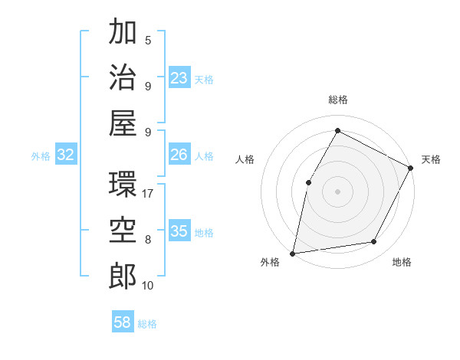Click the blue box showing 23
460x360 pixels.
(x=179, y=77)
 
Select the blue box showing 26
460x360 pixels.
(x=179, y=155)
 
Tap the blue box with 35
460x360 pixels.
(x=179, y=231)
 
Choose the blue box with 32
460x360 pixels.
(x=66, y=155)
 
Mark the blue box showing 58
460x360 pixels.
(x=123, y=322)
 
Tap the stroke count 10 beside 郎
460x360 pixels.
(x=148, y=286)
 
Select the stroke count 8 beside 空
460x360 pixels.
(x=148, y=240)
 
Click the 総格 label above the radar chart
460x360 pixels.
(x=338, y=100)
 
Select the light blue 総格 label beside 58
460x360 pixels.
(x=147, y=324)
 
